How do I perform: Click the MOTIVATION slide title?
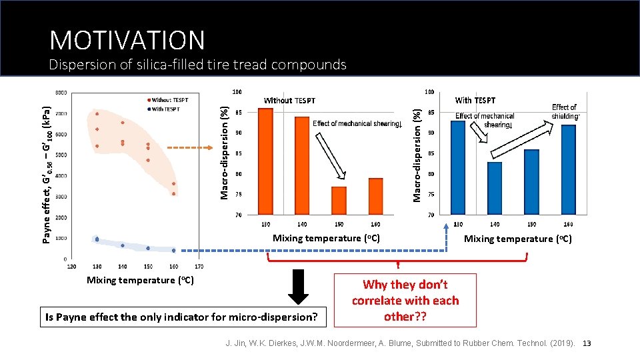127,40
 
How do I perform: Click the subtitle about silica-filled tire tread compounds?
198,65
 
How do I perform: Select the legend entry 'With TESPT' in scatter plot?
166,109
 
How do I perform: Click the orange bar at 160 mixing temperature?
375,197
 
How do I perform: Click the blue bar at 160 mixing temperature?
568,170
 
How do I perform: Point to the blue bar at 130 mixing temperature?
458,168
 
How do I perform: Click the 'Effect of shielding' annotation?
565,111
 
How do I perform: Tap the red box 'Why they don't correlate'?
405,301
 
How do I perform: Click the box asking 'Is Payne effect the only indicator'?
181,317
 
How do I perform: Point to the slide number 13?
587,343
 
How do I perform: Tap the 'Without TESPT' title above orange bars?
289,101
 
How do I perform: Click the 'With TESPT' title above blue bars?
475,101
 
